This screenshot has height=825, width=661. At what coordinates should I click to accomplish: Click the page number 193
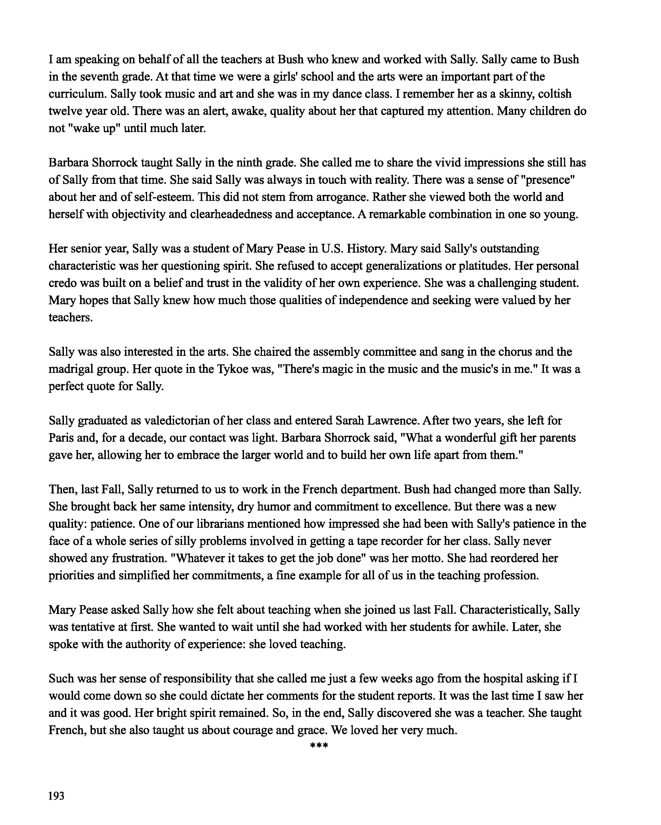click(56, 796)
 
